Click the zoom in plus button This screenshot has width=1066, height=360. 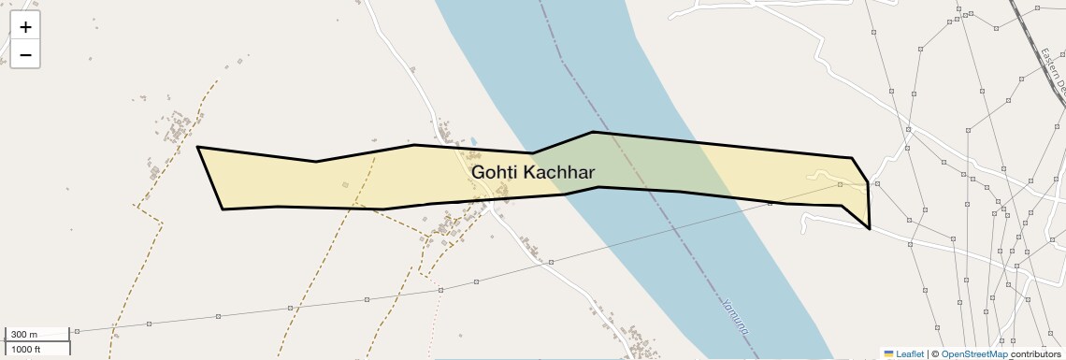(25, 27)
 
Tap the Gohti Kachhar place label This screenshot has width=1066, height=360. (533, 172)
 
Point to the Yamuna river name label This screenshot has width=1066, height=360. (735, 317)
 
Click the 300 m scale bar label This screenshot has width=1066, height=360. (25, 335)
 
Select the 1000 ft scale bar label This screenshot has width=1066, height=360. (25, 349)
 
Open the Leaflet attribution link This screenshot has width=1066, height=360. (910, 354)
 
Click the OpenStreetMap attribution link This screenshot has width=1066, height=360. (973, 354)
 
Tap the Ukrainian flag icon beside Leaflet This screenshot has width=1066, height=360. (888, 354)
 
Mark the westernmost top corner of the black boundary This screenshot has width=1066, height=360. (197, 147)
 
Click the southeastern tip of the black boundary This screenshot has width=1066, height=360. (870, 228)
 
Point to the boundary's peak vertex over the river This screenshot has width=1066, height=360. (592, 132)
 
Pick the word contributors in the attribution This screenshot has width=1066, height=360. (1035, 354)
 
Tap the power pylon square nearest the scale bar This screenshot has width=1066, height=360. (77, 331)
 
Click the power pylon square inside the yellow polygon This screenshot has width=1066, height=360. (840, 185)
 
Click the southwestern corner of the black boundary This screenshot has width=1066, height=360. (223, 209)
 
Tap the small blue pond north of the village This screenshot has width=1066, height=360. (473, 142)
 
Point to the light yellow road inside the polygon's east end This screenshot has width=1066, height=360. (823, 175)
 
